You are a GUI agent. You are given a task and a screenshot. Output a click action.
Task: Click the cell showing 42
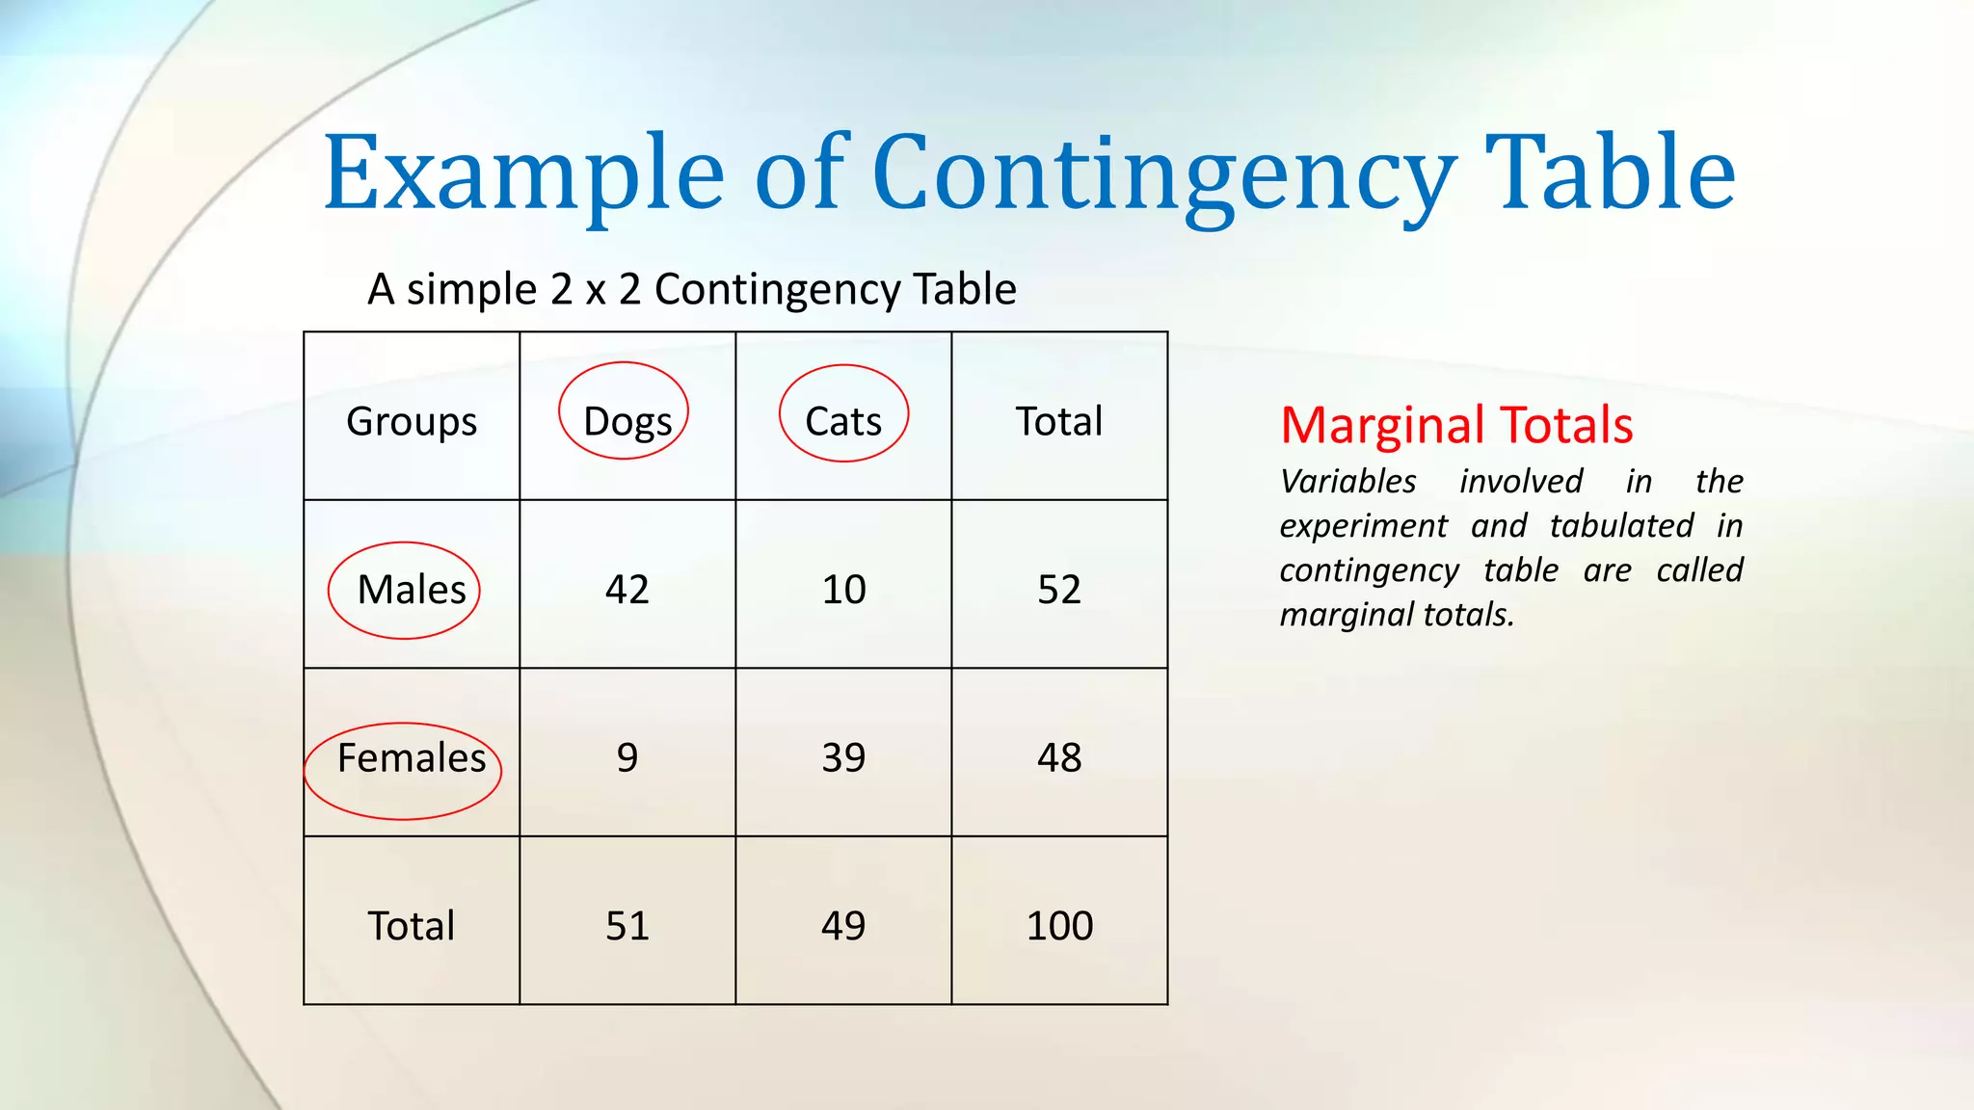(627, 589)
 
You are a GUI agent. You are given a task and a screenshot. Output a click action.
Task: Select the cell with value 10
(843, 589)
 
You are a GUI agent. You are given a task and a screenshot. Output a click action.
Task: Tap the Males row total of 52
(1059, 589)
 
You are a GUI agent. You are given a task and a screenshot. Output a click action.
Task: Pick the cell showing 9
(627, 757)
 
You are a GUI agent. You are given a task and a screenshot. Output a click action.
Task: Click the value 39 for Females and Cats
(843, 757)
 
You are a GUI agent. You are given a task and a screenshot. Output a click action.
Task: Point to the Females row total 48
(1059, 757)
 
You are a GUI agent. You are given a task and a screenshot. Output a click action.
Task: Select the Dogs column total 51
(627, 926)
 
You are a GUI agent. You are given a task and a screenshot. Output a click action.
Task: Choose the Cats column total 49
(843, 926)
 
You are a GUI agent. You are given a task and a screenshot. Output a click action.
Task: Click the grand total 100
(1059, 926)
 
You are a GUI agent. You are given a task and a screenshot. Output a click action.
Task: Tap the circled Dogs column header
(627, 421)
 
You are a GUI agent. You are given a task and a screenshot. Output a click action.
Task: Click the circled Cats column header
(843, 421)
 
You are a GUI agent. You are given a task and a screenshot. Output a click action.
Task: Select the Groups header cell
(412, 421)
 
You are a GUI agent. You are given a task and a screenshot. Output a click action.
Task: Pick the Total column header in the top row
(1059, 421)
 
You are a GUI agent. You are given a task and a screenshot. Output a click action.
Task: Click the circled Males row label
(412, 590)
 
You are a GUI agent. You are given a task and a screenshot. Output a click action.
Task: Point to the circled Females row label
(412, 758)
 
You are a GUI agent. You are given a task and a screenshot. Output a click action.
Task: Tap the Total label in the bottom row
(412, 926)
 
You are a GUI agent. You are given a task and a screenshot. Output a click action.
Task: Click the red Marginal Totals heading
(1456, 425)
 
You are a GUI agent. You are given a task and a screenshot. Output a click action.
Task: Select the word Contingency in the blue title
(1164, 173)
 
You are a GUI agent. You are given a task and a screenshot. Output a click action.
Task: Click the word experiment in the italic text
(1363, 526)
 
